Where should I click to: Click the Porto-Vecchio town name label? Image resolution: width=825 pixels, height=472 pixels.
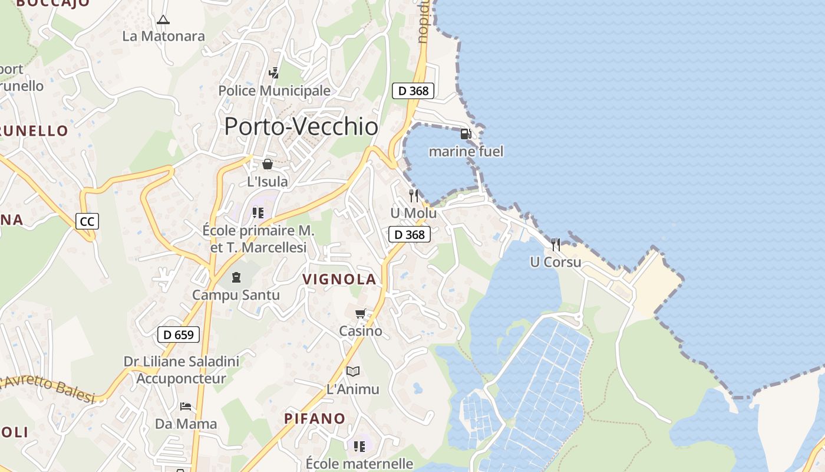[301, 126]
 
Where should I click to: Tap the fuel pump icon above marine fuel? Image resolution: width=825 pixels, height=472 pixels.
[466, 134]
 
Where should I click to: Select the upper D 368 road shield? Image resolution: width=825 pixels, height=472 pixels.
[413, 90]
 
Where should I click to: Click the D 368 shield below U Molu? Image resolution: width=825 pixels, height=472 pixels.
[410, 234]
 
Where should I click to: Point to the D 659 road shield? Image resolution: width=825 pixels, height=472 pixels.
[179, 335]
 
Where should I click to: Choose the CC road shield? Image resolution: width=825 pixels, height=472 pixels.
[87, 221]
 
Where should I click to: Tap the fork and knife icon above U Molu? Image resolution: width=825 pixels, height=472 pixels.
[414, 195]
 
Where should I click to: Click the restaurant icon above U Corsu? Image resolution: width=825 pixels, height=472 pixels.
[556, 244]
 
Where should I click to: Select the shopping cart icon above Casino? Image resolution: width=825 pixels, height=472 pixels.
[361, 313]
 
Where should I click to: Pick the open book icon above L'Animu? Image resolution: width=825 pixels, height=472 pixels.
[353, 371]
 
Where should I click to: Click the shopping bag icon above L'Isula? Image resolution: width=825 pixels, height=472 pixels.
[268, 164]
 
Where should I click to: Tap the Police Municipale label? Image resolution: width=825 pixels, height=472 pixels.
[275, 91]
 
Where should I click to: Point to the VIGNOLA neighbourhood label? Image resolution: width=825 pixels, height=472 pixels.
[339, 279]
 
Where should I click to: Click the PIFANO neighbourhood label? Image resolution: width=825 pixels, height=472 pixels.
[315, 418]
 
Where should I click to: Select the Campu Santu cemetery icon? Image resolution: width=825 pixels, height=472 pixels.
[236, 277]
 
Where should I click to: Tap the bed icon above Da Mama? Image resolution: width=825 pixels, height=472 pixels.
[186, 406]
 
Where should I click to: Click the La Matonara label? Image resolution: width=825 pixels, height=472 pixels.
[163, 36]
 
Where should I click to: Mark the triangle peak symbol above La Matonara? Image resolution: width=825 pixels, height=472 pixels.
[163, 19]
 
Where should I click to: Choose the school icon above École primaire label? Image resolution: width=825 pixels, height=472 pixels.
[258, 212]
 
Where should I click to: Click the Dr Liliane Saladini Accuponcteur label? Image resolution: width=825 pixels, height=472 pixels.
[181, 370]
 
